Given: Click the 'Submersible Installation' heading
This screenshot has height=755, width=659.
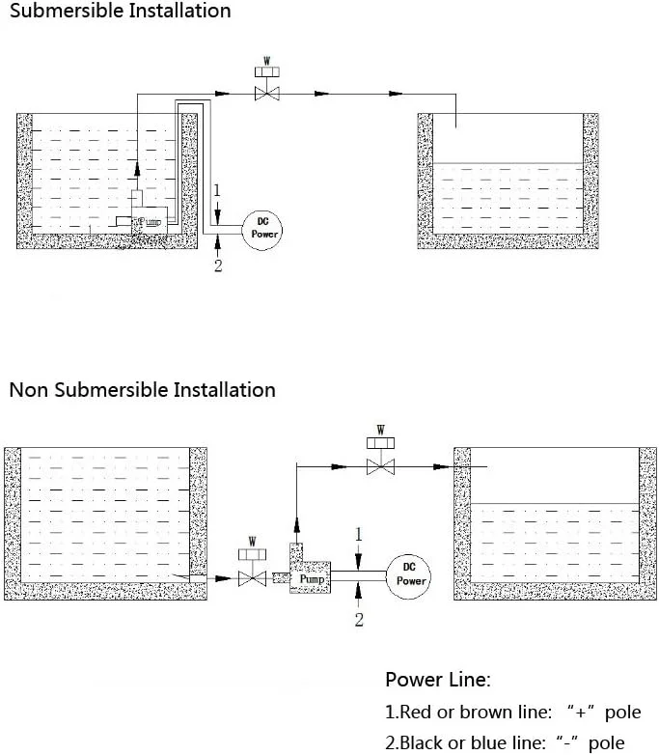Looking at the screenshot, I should (x=120, y=12).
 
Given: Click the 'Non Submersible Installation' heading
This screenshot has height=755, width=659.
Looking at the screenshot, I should (x=142, y=390).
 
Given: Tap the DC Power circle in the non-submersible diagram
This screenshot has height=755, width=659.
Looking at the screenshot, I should (x=410, y=576).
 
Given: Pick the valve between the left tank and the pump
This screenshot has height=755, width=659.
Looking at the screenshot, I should (x=252, y=578).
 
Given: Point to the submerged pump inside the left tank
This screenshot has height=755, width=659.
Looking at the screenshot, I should (x=149, y=218).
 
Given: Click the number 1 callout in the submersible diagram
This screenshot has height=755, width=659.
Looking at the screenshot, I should (x=218, y=190).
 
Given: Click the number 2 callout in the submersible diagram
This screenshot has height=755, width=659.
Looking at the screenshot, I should (x=218, y=266).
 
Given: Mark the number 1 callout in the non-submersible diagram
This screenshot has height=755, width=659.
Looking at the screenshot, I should (x=359, y=534).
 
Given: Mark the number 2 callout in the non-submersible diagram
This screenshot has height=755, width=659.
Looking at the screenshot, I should (x=359, y=620).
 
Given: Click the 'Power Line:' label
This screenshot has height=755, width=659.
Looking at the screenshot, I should (x=438, y=680).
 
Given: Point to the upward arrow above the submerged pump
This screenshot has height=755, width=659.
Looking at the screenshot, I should (x=137, y=170).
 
